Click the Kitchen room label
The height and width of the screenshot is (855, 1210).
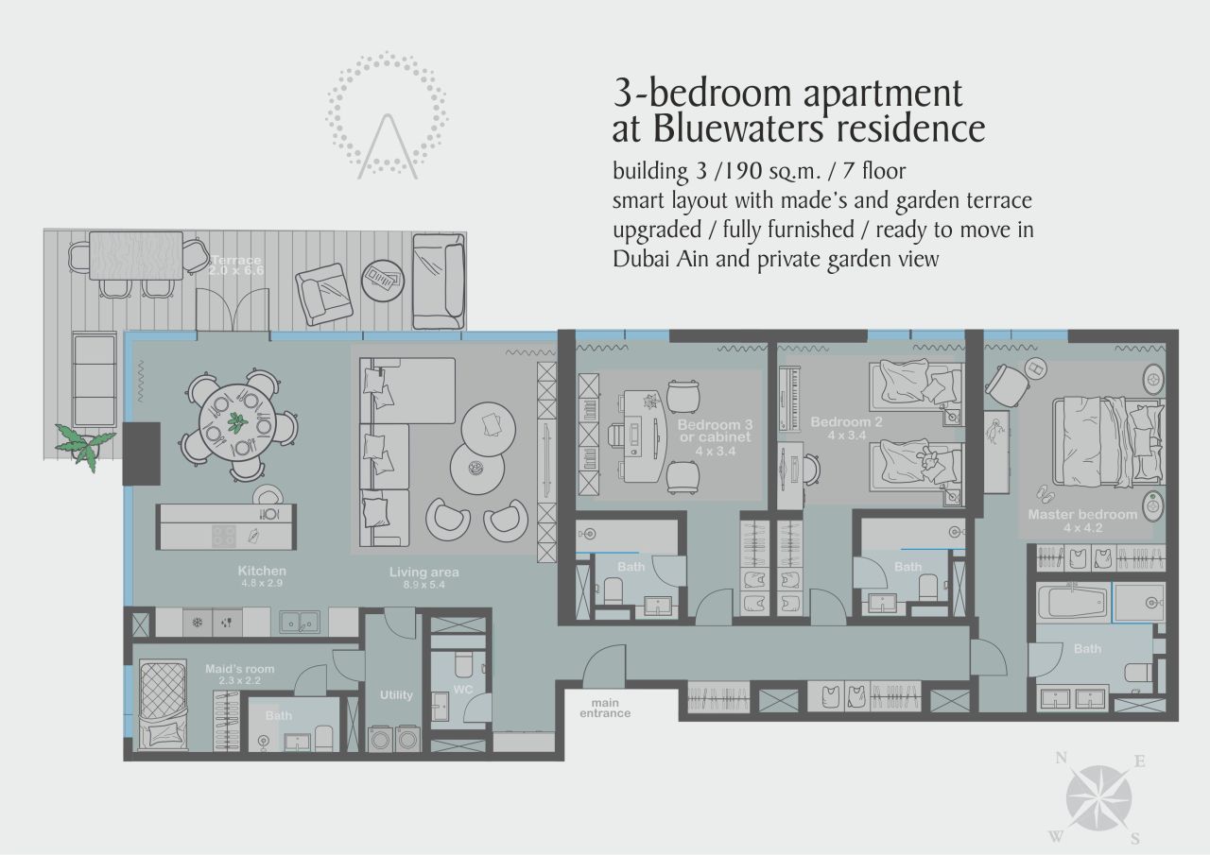click(x=262, y=571)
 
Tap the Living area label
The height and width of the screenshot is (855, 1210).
click(x=423, y=572)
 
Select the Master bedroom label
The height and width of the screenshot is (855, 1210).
click(x=1082, y=515)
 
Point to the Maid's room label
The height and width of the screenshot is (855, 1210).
click(x=239, y=670)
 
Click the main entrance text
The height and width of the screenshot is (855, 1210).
click(x=605, y=708)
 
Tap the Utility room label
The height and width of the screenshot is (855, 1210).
click(x=396, y=694)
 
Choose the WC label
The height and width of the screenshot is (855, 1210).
click(x=462, y=690)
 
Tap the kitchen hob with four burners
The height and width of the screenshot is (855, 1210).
click(x=223, y=536)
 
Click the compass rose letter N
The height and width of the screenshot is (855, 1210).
click(x=1062, y=758)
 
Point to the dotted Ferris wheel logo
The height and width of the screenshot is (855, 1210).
click(x=387, y=113)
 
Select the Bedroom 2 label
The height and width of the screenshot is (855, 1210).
click(x=846, y=421)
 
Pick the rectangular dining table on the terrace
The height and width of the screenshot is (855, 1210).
click(x=136, y=255)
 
